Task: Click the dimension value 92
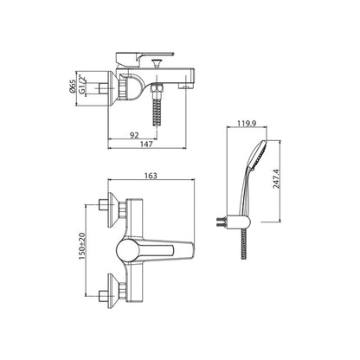[x=134, y=135]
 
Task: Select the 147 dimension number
[x=146, y=145]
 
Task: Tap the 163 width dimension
[x=151, y=176]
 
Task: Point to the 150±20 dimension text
[x=82, y=246]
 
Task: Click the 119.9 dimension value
[x=247, y=123]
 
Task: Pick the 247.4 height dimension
[x=277, y=179]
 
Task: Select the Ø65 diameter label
[x=73, y=87]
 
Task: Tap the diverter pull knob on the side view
[x=157, y=63]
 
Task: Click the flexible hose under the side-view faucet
[x=157, y=112]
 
